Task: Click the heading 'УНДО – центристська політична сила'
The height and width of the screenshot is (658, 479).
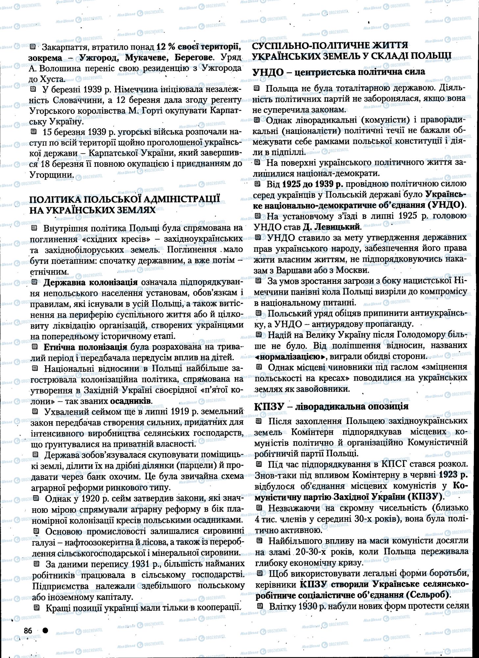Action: pos(339,72)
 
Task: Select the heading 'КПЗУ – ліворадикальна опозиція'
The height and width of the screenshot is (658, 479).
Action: pos(331,406)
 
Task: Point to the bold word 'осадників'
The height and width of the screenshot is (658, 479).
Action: pos(131,401)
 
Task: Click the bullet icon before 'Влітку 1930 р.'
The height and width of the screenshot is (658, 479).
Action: pos(260,605)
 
